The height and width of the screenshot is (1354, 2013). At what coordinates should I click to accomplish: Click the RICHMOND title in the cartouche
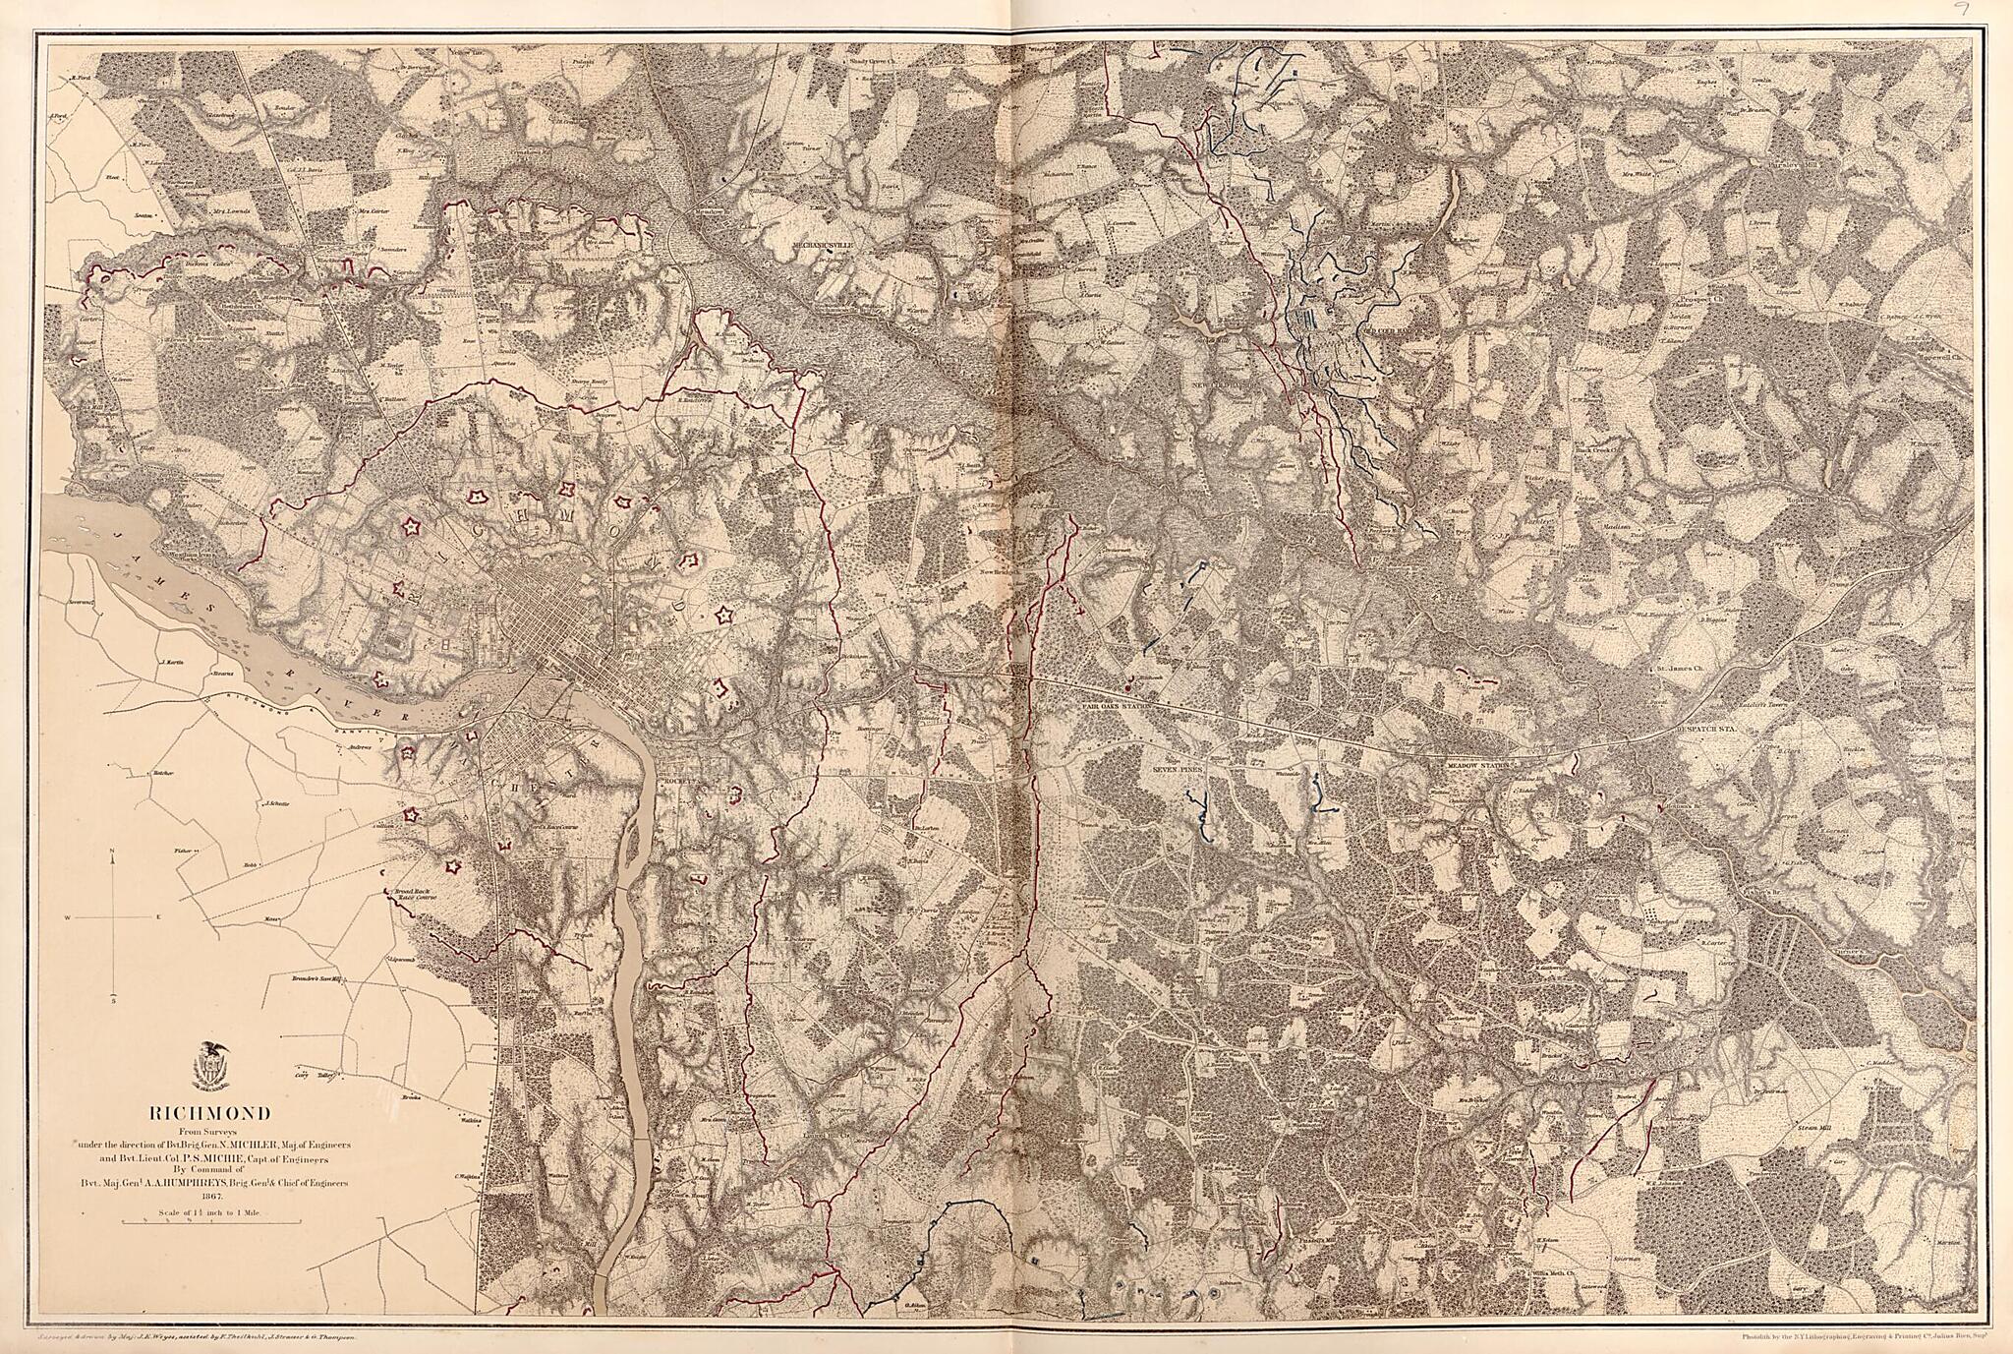(x=209, y=1114)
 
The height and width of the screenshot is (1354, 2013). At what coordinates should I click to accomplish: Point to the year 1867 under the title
(x=209, y=1197)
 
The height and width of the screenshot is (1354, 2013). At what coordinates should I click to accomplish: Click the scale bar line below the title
(x=209, y=1222)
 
